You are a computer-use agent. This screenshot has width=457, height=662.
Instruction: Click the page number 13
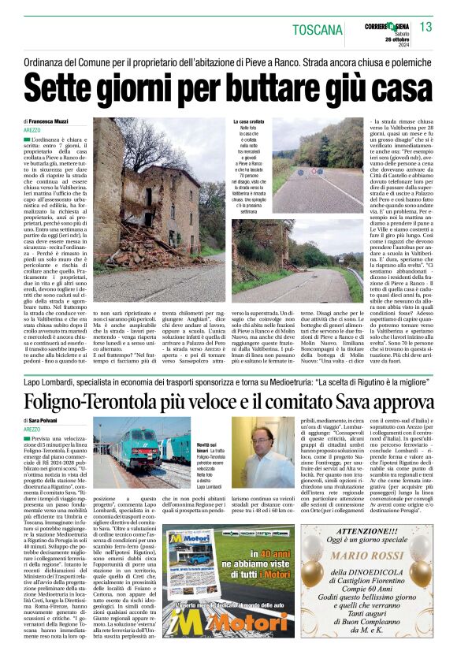pos(426,28)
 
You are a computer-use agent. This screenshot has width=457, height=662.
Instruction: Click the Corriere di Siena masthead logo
pos(387,24)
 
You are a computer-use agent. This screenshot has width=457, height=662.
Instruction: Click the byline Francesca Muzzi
pos(70,121)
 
